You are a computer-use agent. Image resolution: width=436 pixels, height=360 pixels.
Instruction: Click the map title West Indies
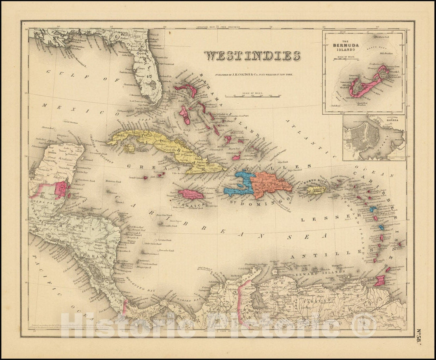(252, 55)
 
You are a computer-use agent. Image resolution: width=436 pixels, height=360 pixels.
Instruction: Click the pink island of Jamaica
(191, 195)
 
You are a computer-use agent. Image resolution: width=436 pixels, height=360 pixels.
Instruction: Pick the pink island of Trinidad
(380, 280)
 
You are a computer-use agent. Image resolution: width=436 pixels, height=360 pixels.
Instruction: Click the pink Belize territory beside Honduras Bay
(62, 190)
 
